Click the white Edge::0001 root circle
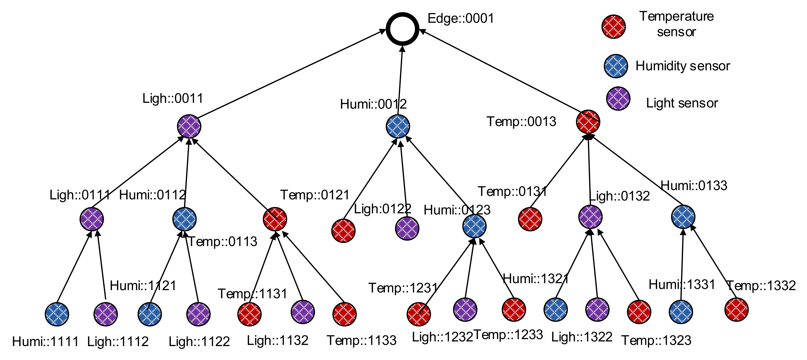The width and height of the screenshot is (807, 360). click(x=402, y=29)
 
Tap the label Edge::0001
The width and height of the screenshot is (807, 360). click(x=461, y=18)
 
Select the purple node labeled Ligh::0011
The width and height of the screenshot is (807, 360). click(x=189, y=126)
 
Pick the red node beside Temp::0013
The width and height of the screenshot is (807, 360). click(x=588, y=122)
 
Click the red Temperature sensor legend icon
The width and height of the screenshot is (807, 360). click(x=614, y=27)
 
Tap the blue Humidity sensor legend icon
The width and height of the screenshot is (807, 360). click(x=616, y=66)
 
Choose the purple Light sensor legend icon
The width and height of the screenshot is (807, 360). click(x=618, y=99)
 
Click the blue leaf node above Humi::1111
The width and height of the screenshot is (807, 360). click(x=57, y=314)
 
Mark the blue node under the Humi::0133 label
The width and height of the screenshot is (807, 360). click(x=683, y=217)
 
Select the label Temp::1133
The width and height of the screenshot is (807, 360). click(x=361, y=340)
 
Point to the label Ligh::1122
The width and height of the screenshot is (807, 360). click(x=199, y=341)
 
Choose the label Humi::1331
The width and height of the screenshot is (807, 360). click(x=682, y=285)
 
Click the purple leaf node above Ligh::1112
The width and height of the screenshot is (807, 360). click(x=106, y=314)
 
